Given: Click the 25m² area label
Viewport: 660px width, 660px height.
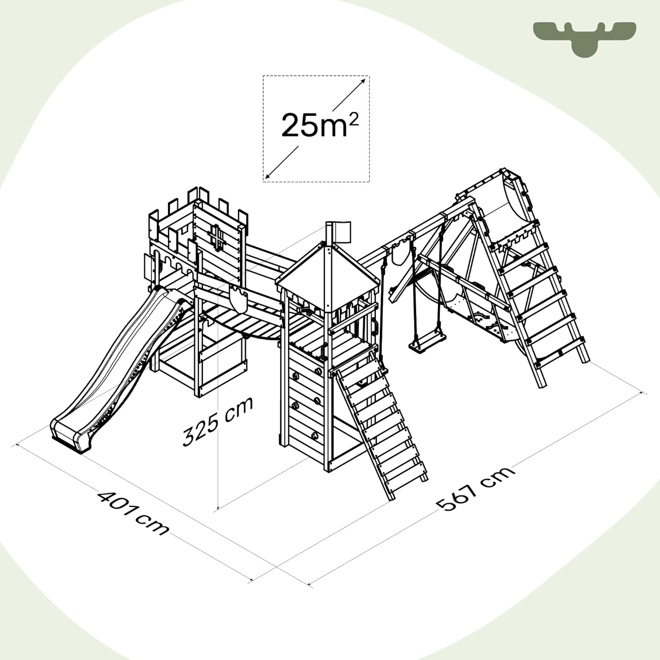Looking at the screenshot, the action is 320,125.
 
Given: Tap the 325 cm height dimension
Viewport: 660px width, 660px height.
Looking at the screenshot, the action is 218,422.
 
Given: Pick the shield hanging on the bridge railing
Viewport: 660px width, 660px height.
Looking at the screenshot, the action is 238,300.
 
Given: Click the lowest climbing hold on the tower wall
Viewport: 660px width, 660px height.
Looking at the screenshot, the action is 315,436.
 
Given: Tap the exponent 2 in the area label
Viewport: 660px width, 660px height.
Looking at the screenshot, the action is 353,118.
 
